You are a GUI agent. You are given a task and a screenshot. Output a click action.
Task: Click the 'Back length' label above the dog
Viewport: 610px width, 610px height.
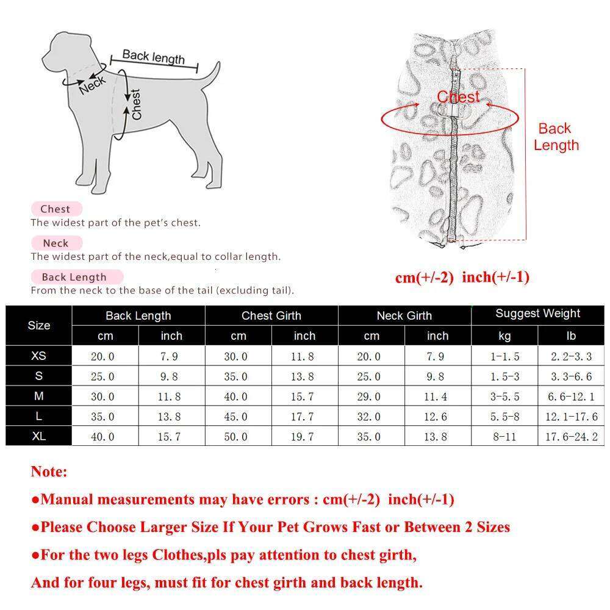(153, 57)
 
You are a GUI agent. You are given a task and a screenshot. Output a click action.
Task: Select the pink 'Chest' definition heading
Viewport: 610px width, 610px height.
(56, 209)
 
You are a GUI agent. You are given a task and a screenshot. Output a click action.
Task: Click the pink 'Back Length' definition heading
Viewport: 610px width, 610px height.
(74, 277)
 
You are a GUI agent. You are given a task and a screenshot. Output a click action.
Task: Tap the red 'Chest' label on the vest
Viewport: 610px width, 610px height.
(458, 96)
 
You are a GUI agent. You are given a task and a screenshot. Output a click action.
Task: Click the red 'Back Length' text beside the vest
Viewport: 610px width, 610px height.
(555, 137)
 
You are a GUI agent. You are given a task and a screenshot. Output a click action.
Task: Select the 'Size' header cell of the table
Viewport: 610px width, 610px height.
(38, 325)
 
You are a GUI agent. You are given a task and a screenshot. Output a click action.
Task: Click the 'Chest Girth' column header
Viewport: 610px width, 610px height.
(271, 315)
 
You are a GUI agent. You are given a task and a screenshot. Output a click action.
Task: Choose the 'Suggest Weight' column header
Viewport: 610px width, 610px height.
(537, 314)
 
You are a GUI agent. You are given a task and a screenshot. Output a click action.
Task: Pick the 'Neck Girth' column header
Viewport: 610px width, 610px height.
(404, 315)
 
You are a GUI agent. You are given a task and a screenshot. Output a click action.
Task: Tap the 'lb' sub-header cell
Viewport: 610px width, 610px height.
(570, 335)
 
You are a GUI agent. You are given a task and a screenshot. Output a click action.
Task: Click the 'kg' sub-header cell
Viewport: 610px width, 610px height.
(504, 335)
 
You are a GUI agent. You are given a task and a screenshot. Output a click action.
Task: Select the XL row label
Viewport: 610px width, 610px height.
(38, 436)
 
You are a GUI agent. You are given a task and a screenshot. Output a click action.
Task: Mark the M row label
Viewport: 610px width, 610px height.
(38, 396)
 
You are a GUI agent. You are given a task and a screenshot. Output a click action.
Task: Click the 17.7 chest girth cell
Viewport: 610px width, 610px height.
(304, 417)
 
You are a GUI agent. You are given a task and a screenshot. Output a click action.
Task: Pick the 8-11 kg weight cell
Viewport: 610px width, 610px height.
(504, 437)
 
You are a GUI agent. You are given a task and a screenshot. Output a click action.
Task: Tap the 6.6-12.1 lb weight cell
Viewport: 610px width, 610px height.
(570, 396)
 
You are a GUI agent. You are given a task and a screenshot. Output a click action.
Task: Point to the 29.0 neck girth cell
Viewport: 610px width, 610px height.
(371, 396)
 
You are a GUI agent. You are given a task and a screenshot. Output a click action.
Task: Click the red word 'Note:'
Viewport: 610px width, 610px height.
(49, 472)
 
